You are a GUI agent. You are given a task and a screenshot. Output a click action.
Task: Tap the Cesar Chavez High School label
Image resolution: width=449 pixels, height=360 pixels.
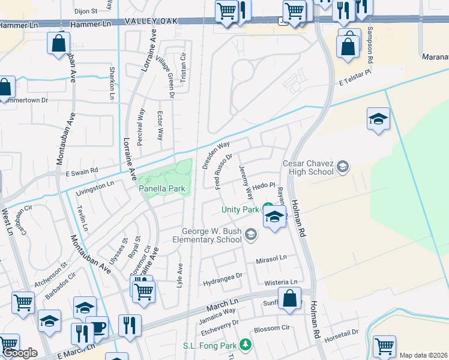click(309, 167)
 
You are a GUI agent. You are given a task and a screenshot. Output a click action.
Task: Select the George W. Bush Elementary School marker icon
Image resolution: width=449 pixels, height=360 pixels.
click(251, 235)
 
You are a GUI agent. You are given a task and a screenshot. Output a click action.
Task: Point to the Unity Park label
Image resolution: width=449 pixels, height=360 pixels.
click(240, 209)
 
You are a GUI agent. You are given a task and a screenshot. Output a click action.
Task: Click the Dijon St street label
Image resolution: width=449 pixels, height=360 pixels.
click(86, 11)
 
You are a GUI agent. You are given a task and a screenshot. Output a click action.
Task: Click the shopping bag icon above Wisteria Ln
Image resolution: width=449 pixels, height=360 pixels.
click(289, 298)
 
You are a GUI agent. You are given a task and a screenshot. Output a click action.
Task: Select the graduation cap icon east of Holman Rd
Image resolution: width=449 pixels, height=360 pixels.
click(378, 119)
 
